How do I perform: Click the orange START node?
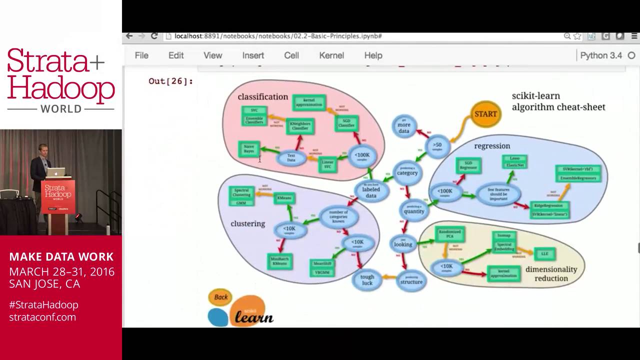point(485,114)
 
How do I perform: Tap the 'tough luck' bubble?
point(367,280)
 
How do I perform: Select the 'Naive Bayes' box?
point(248,148)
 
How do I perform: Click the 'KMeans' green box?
point(284,198)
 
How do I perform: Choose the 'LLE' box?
point(544,254)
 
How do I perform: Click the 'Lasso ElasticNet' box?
point(514,161)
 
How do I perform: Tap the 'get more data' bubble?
point(404,127)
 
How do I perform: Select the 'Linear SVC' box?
point(327,164)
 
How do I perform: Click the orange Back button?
point(220,297)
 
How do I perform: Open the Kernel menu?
point(331,55)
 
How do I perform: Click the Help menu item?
point(373,55)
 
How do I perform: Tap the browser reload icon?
point(154,36)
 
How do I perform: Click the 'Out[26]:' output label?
point(170,81)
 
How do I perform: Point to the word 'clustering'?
point(248,223)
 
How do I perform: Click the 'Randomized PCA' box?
point(450,233)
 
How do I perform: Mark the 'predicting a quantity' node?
point(413,210)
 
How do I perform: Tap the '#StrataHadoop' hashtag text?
point(43,304)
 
